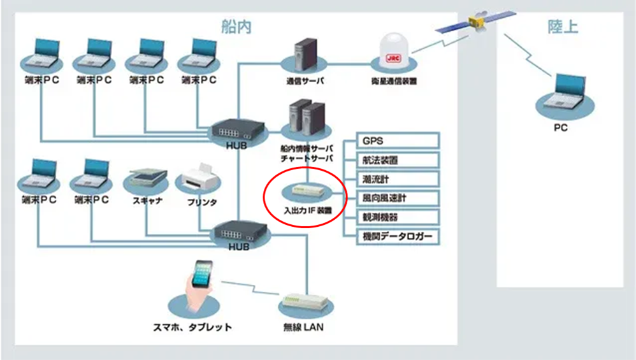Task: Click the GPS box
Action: click(398, 141)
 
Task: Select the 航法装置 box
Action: click(398, 160)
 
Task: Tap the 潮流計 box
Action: click(398, 179)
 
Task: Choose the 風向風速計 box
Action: click(398, 198)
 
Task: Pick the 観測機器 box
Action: click(398, 217)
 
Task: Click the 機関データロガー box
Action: click(398, 236)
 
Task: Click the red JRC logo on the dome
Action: click(393, 58)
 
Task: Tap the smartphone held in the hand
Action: click(202, 273)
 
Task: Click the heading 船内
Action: click(236, 27)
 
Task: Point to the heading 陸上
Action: click(563, 27)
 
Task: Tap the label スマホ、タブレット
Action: click(192, 327)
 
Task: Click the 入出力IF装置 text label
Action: click(308, 210)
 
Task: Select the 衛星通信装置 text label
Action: click(394, 81)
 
